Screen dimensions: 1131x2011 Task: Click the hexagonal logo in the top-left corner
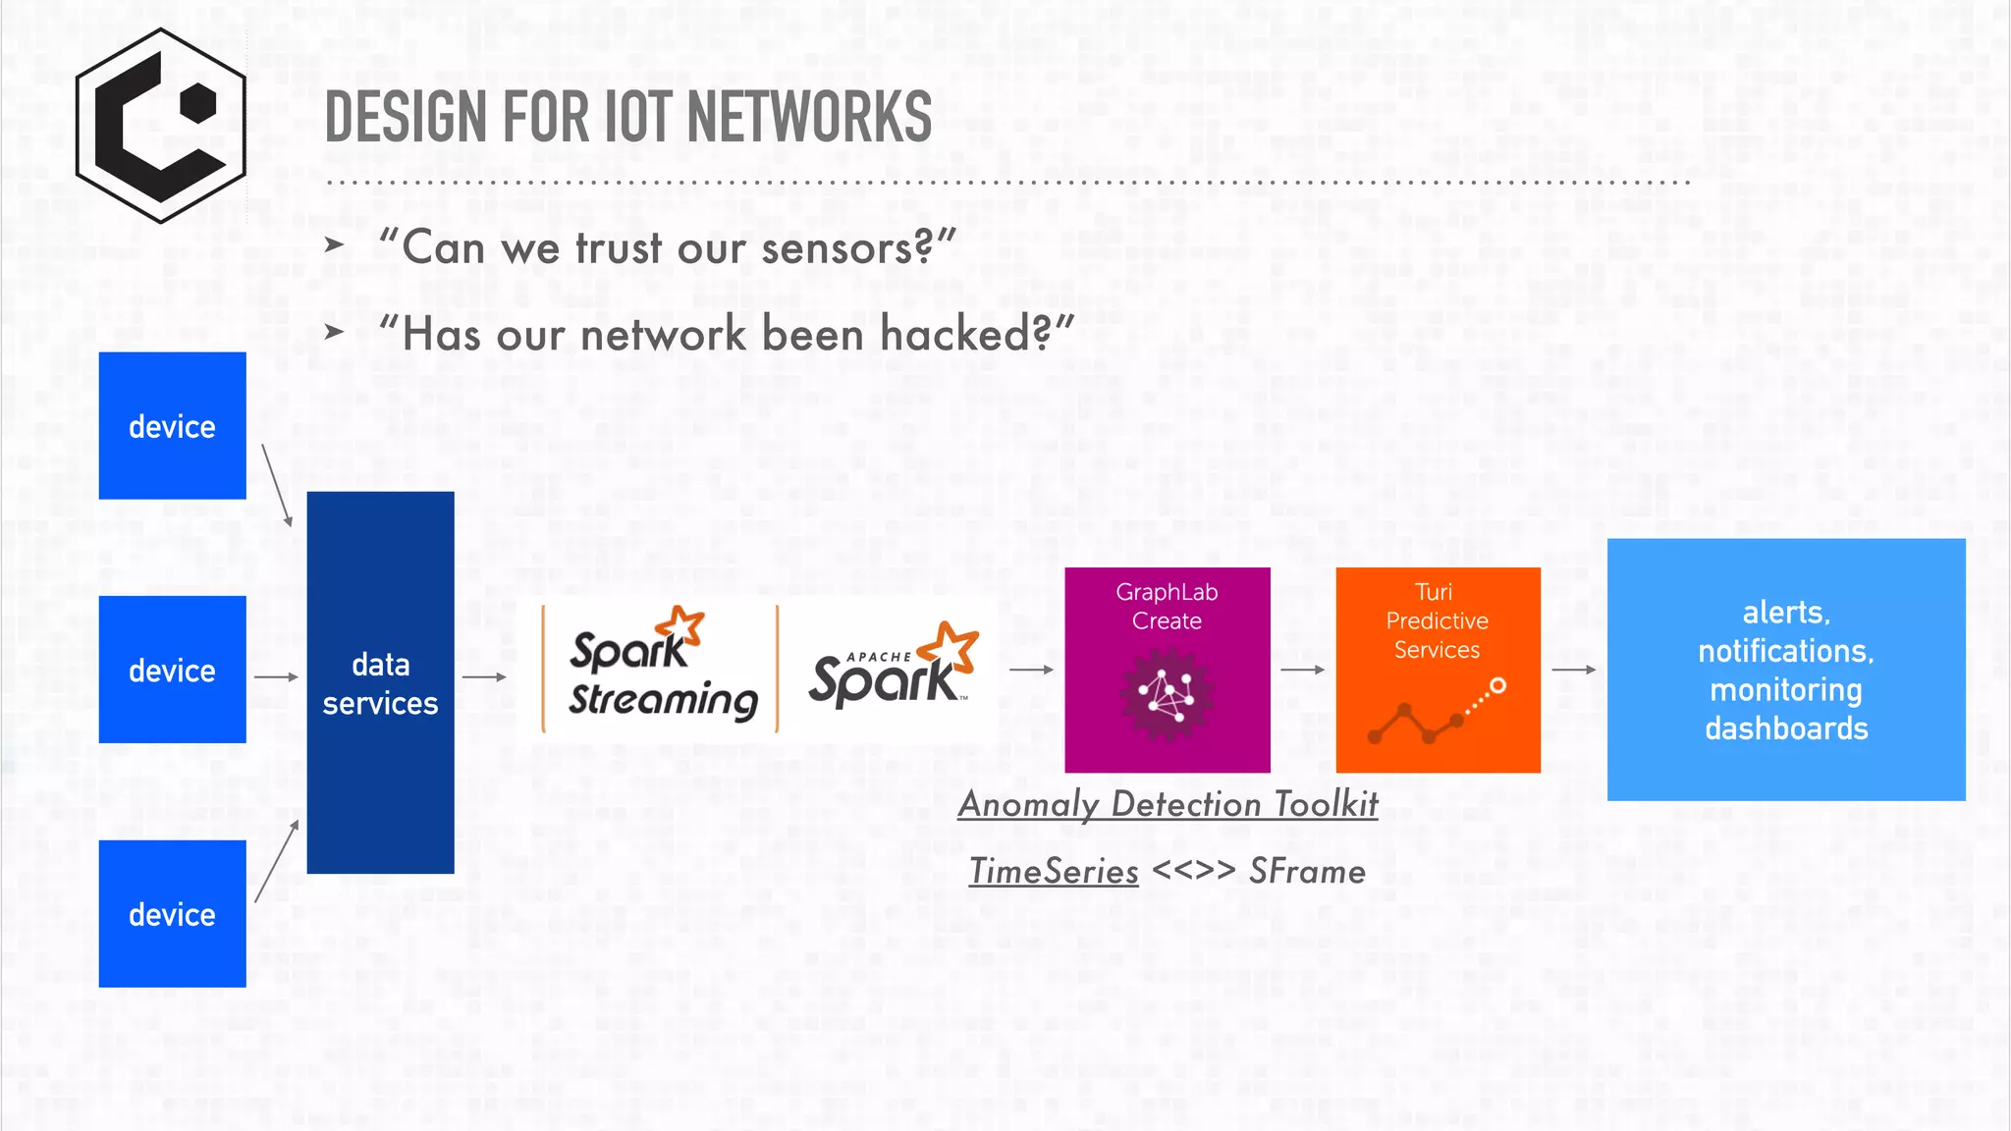[x=161, y=126]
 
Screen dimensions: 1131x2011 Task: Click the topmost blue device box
[x=172, y=426]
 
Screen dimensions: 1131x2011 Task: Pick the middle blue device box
[x=172, y=670]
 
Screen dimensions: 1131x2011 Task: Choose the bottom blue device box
[x=172, y=913]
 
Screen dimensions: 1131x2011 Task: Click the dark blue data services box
[x=380, y=682]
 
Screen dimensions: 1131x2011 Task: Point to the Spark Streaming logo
[x=659, y=668]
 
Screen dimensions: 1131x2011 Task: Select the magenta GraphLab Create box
[x=1167, y=670]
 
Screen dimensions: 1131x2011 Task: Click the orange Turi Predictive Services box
[x=1438, y=670]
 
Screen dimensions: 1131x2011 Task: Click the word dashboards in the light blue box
[x=1786, y=728]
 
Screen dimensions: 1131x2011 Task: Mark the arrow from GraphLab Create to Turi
[x=1303, y=670]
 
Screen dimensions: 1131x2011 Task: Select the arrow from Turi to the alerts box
[x=1574, y=670]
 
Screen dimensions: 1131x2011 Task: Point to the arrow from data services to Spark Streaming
[x=484, y=676]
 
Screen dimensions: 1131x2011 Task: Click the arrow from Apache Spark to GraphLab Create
[x=1031, y=670]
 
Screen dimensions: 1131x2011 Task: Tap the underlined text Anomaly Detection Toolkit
[x=1168, y=804]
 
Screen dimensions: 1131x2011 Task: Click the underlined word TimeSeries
[x=1054, y=872]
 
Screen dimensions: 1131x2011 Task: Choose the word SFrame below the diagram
[x=1307, y=872]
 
